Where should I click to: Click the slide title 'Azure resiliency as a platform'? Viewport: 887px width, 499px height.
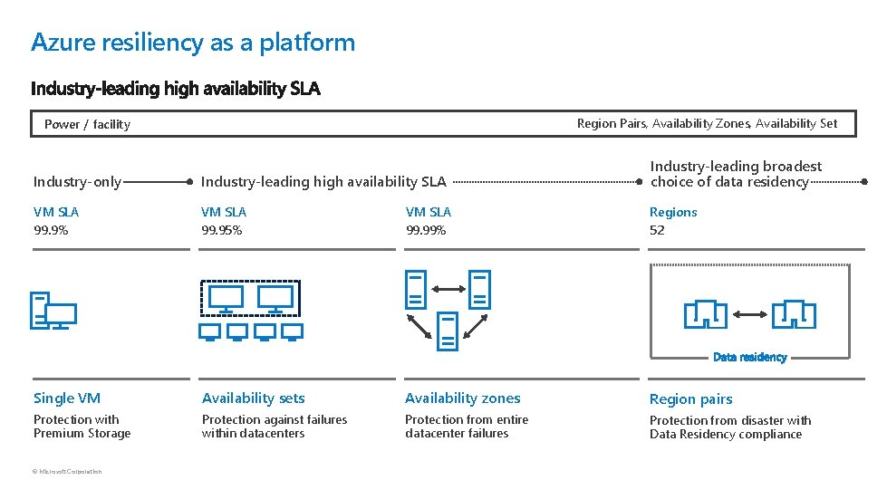click(x=192, y=43)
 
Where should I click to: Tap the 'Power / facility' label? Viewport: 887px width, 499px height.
click(x=87, y=124)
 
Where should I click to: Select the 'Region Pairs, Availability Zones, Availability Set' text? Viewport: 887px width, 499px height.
click(x=707, y=123)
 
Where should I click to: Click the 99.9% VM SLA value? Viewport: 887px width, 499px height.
click(x=51, y=230)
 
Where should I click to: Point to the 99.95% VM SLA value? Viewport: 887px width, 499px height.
click(x=221, y=230)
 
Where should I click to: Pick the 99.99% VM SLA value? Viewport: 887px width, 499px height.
click(x=426, y=230)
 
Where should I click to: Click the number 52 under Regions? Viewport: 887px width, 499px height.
click(x=657, y=230)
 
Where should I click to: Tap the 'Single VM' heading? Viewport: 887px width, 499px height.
click(x=67, y=398)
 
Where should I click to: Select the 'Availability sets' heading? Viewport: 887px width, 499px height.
click(x=253, y=398)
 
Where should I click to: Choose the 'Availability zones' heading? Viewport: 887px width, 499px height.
click(x=462, y=398)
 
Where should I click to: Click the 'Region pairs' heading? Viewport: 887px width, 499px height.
click(x=690, y=399)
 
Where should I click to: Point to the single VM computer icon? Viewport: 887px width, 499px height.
click(x=53, y=311)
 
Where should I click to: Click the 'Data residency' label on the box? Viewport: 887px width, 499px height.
click(x=749, y=357)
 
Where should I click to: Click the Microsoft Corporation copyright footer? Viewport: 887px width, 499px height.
click(x=68, y=471)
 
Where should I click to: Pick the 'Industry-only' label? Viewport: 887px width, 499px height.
click(x=77, y=182)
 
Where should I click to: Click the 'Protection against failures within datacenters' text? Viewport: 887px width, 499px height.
click(x=275, y=427)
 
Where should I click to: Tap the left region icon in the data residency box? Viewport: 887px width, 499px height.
click(x=705, y=314)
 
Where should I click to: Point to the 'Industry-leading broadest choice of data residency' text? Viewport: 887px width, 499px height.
click(x=735, y=174)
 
